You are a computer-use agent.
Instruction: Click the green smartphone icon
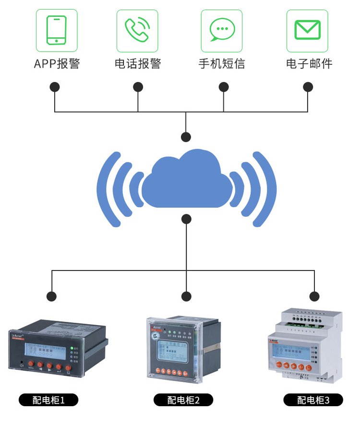click(56, 30)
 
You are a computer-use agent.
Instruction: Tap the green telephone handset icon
click(137, 30)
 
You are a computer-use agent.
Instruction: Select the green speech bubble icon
click(221, 30)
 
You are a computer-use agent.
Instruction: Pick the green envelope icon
click(307, 30)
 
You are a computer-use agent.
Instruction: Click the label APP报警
click(57, 64)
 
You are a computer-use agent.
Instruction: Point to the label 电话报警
click(138, 64)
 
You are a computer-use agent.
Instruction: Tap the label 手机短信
click(222, 64)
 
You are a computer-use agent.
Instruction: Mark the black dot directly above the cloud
click(186, 137)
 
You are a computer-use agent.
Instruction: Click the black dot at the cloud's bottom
click(186, 219)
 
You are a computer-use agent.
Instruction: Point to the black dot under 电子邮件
click(308, 87)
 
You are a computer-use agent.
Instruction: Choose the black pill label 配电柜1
click(48, 400)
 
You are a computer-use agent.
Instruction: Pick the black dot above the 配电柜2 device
click(186, 296)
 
